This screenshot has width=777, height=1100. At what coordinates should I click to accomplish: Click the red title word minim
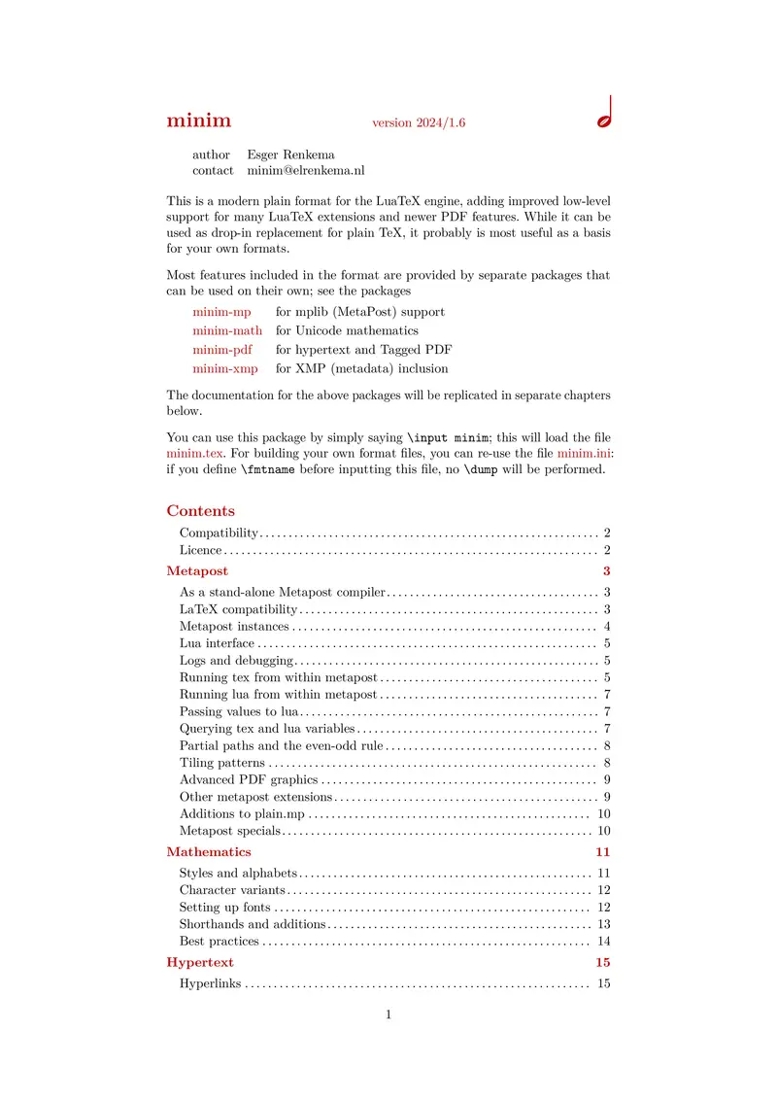(x=198, y=120)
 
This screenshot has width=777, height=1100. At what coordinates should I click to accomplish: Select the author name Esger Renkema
(x=288, y=155)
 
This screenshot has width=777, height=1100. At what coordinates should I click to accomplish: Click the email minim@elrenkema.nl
(x=306, y=170)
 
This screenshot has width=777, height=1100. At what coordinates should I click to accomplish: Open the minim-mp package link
(x=221, y=312)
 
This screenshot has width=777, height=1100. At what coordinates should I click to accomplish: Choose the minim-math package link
(x=227, y=330)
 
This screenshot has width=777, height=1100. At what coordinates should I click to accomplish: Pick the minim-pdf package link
(x=221, y=350)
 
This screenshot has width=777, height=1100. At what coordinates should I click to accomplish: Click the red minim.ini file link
(x=584, y=453)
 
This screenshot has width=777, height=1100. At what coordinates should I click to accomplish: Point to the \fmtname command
(x=270, y=469)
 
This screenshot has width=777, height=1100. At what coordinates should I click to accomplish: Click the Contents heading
(x=200, y=511)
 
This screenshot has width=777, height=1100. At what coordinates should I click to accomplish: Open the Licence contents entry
(x=201, y=551)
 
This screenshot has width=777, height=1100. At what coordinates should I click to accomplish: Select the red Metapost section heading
(x=197, y=571)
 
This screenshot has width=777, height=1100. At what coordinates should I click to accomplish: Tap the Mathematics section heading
(x=208, y=852)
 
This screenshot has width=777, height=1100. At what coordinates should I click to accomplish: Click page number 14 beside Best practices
(x=603, y=942)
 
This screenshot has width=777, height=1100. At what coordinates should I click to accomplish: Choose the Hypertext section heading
(x=200, y=963)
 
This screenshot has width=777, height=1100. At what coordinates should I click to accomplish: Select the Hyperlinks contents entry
(x=210, y=984)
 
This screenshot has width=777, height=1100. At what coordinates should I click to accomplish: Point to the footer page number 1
(x=388, y=1015)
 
